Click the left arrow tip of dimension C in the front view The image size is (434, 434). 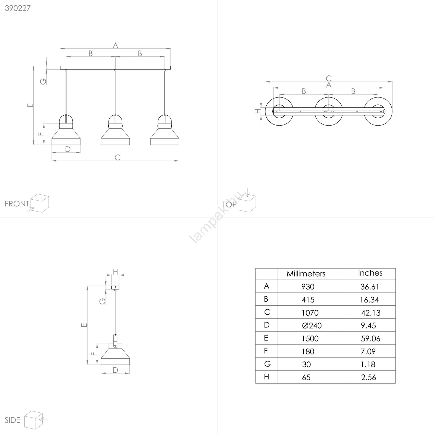click(x=52, y=161)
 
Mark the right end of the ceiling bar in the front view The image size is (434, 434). click(x=171, y=68)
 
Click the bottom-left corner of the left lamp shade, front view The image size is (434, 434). click(x=52, y=145)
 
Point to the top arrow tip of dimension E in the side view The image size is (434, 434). click(x=87, y=286)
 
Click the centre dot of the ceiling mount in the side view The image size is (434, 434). click(x=115, y=287)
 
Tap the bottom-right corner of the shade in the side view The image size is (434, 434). click(x=130, y=365)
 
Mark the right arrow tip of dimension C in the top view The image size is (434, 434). click(x=392, y=82)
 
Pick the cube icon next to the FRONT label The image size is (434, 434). click(x=40, y=203)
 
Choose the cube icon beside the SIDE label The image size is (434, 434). click(x=33, y=420)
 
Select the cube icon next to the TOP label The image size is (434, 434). click(x=247, y=203)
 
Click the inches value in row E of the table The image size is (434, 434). click(x=371, y=339)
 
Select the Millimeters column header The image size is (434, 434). click(x=306, y=274)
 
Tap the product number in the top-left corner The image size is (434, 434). click(x=18, y=8)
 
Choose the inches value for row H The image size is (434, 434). click(x=368, y=377)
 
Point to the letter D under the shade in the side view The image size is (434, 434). click(x=115, y=370)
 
